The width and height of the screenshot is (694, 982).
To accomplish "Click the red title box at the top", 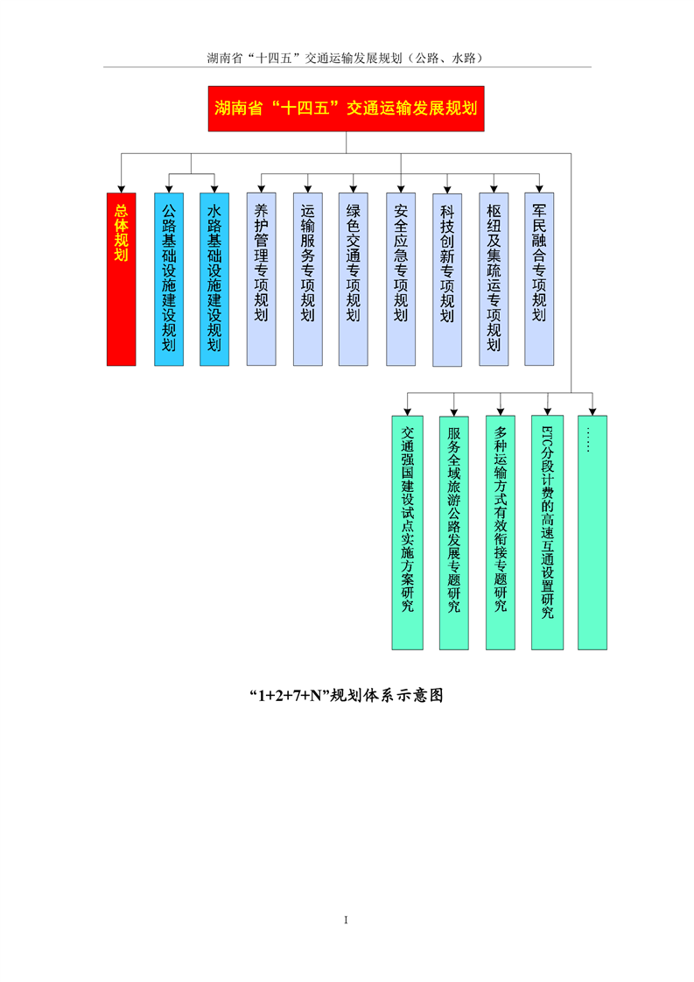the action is click(x=346, y=109).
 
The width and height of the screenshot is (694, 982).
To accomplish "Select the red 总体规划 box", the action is click(x=122, y=279).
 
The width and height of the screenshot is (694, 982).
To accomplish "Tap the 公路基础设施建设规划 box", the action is click(x=169, y=279).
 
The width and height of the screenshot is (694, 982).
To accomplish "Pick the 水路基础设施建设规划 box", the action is click(x=214, y=279).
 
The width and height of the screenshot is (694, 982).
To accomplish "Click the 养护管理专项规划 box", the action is click(x=261, y=279).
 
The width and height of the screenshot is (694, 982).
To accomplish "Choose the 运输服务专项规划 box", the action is click(x=307, y=279).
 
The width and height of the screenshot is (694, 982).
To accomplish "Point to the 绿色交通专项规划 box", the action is click(x=354, y=279).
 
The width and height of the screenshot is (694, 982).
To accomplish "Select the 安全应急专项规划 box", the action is click(x=401, y=279).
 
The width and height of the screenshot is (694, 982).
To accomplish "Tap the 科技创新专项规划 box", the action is click(x=447, y=280).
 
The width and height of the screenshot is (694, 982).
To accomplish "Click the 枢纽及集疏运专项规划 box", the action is click(x=494, y=279).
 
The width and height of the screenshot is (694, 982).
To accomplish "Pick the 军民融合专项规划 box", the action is click(x=539, y=279).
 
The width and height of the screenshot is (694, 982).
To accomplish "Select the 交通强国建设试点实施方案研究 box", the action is click(x=407, y=533).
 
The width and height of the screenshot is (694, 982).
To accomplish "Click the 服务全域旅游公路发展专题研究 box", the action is click(x=454, y=533).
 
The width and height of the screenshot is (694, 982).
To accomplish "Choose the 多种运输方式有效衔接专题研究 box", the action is click(x=501, y=533).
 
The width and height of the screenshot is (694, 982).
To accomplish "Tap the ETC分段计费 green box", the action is click(x=548, y=532).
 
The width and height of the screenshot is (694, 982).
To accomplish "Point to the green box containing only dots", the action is click(x=592, y=533).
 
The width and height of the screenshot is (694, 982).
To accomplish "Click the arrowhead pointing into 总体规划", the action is click(x=122, y=189).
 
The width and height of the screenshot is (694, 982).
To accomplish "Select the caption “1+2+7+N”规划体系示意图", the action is click(x=347, y=695).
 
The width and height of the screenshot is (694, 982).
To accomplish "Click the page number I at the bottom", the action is click(x=346, y=920).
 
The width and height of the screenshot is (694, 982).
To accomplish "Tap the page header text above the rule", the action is click(x=346, y=59).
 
